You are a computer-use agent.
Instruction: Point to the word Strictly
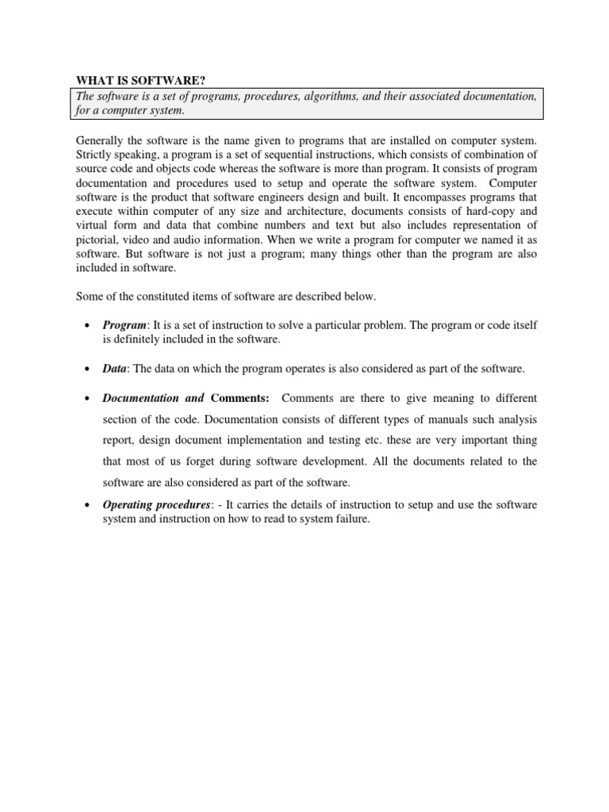pyautogui.click(x=94, y=154)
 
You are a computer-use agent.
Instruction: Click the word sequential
pyautogui.click(x=282, y=154)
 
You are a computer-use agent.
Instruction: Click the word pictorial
pyautogui.click(x=97, y=240)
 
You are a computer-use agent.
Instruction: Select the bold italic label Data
pyautogui.click(x=115, y=369)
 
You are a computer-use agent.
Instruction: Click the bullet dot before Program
pyautogui.click(x=84, y=326)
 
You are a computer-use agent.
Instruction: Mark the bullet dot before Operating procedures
pyautogui.click(x=84, y=506)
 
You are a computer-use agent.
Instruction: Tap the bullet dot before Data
pyautogui.click(x=84, y=370)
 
